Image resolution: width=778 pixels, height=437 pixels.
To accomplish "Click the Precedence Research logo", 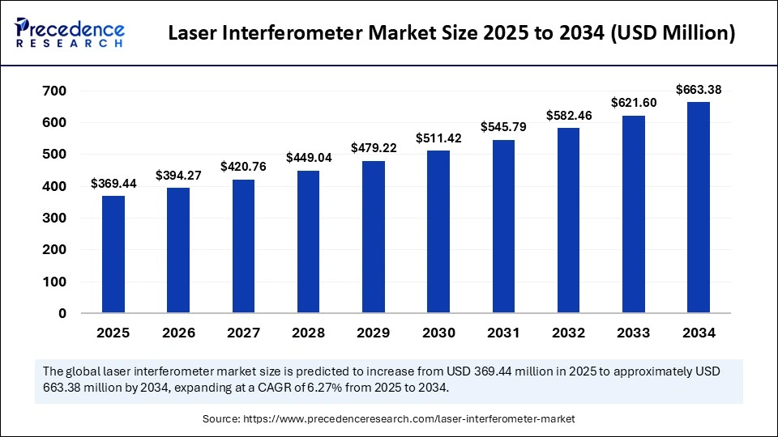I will [69, 33].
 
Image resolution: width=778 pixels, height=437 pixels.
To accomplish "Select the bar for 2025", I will [113, 254].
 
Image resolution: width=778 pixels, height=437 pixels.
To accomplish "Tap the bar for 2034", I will [699, 207].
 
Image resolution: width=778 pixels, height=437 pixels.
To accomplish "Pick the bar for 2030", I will [438, 231].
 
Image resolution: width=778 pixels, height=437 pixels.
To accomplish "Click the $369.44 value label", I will [113, 185].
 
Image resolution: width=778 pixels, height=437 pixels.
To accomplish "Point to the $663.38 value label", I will [699, 90].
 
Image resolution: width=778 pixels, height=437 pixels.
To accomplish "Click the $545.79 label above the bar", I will [503, 127].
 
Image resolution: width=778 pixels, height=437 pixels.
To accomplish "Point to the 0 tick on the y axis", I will [62, 313].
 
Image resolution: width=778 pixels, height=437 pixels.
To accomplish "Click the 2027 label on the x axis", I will [243, 333].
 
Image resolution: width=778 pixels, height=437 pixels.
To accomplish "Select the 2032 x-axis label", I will [568, 333].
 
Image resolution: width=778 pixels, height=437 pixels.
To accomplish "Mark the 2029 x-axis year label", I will [374, 333].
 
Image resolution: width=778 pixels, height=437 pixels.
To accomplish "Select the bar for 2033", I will [634, 214].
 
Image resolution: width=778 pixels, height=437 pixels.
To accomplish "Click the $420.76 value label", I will [243, 167].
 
